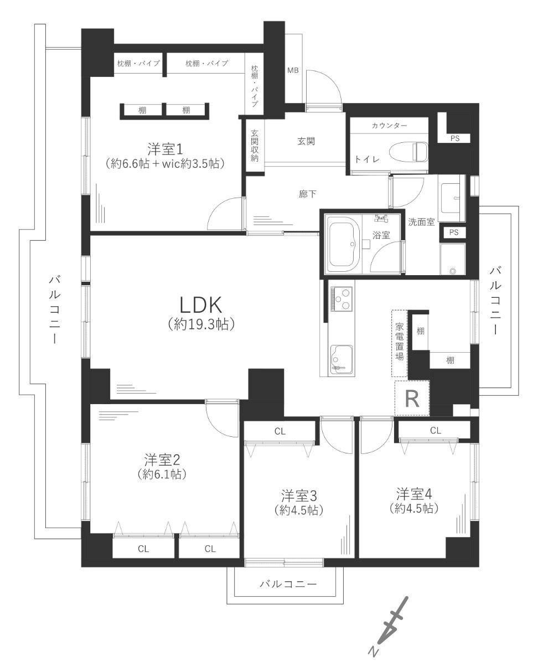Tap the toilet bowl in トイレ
(x=408, y=152)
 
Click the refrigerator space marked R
(x=412, y=399)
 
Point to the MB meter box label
(x=293, y=70)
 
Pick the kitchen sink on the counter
(x=342, y=360)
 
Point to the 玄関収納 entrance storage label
(x=255, y=146)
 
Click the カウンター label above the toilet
(x=390, y=126)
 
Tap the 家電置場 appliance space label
(x=400, y=342)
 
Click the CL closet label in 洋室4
(x=435, y=431)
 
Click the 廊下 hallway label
(x=307, y=194)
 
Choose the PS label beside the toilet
(x=455, y=138)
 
